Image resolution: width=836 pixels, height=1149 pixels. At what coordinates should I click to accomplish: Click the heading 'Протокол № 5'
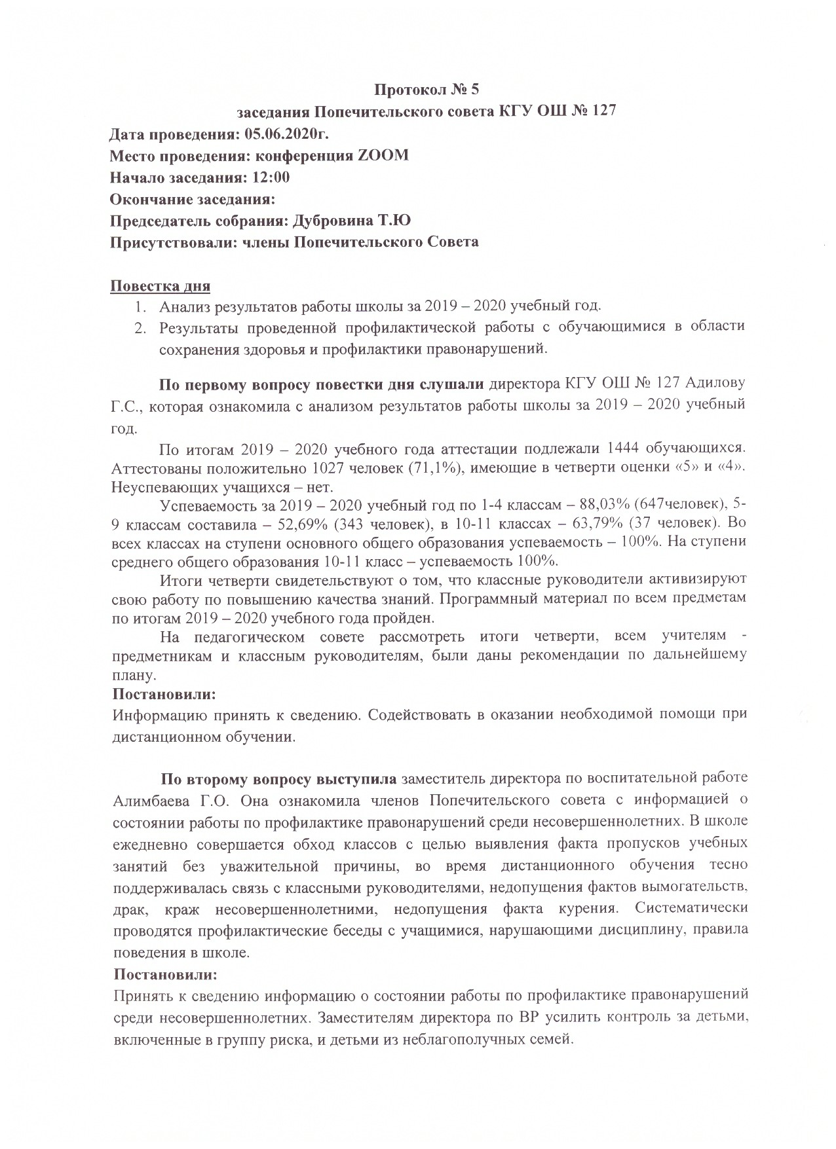427,89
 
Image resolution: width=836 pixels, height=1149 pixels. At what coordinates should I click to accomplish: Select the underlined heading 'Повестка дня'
160,286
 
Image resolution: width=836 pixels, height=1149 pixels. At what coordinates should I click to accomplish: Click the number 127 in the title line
599,111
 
